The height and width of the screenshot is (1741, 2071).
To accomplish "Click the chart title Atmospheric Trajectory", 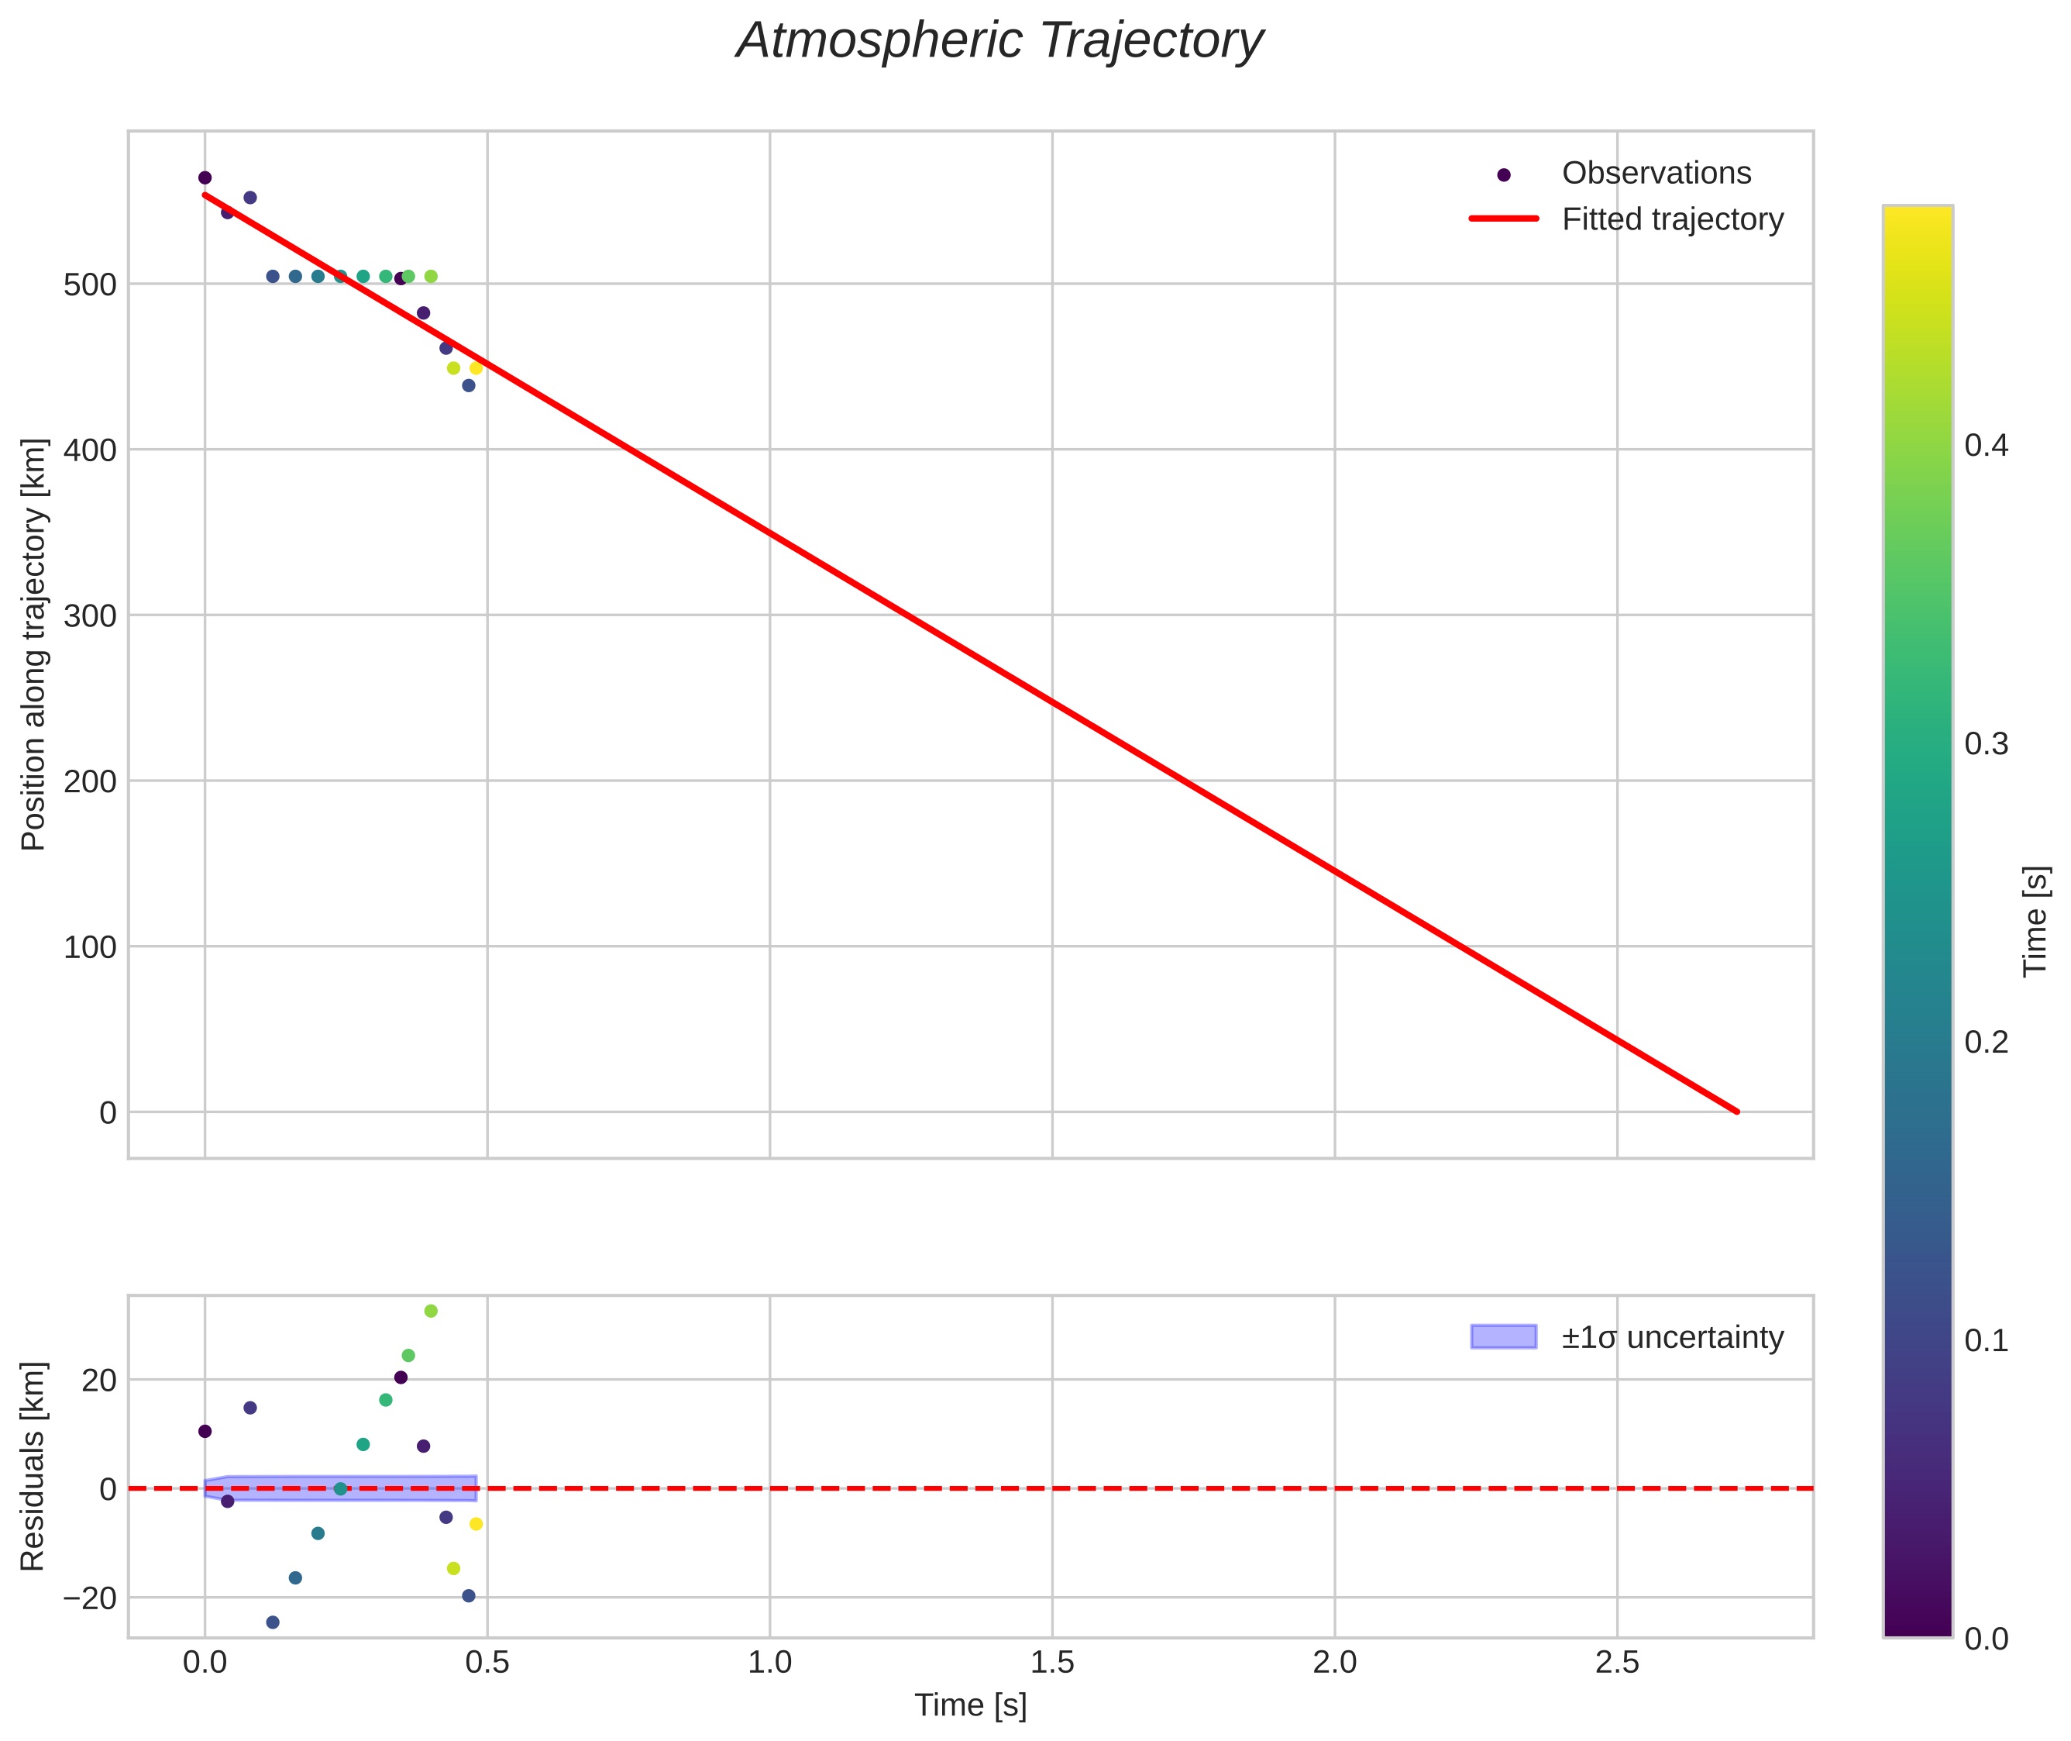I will pyautogui.click(x=999, y=41).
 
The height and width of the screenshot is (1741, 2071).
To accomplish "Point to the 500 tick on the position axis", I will pyautogui.click(x=90, y=285).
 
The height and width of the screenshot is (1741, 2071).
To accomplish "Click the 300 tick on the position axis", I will pyautogui.click(x=90, y=616).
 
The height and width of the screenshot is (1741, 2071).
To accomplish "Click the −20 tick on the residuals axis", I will pyautogui.click(x=90, y=1598).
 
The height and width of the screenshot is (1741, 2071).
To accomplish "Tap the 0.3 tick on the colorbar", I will pyautogui.click(x=1985, y=744).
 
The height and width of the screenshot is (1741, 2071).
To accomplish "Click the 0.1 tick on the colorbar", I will pyautogui.click(x=1985, y=1340).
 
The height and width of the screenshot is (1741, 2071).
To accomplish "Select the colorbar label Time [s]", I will pyautogui.click(x=2035, y=921).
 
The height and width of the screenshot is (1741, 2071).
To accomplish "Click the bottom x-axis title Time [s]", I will pyautogui.click(x=970, y=1705).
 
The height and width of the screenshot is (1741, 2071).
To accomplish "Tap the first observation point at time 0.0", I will pyautogui.click(x=205, y=178).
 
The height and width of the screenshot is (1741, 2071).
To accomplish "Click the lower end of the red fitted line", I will pyautogui.click(x=1736, y=1112).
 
